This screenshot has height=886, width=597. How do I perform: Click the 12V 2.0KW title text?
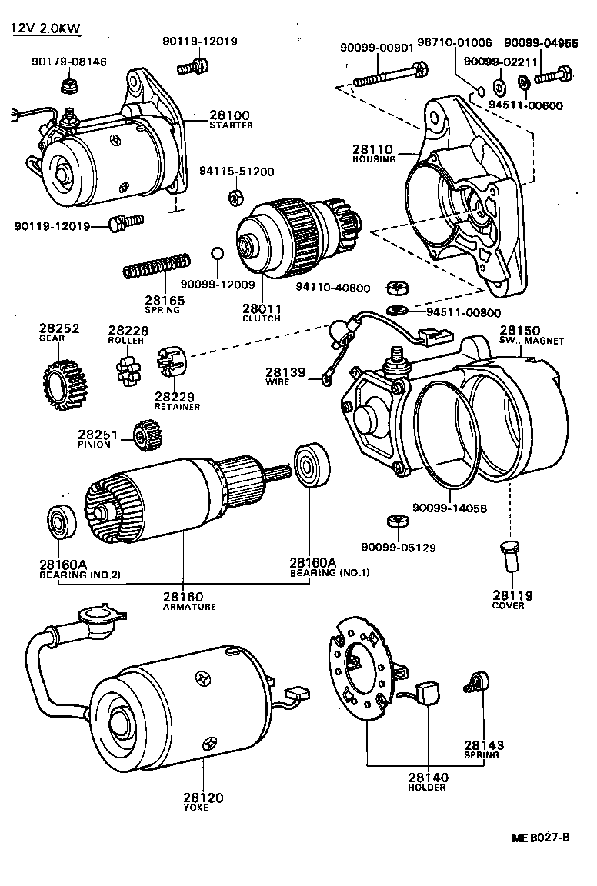tap(46, 29)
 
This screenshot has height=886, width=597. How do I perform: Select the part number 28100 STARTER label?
tap(230, 119)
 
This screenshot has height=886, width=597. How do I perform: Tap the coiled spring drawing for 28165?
tap(156, 266)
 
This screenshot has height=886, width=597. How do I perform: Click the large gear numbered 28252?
tap(64, 382)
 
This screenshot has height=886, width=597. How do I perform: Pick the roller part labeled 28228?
tap(127, 367)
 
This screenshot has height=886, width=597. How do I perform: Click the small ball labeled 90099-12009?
tap(218, 254)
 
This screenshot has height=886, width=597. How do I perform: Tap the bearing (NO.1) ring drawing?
tap(312, 465)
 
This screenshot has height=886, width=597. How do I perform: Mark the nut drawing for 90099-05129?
tap(392, 521)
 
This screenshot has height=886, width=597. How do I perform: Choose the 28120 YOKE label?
tap(203, 801)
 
